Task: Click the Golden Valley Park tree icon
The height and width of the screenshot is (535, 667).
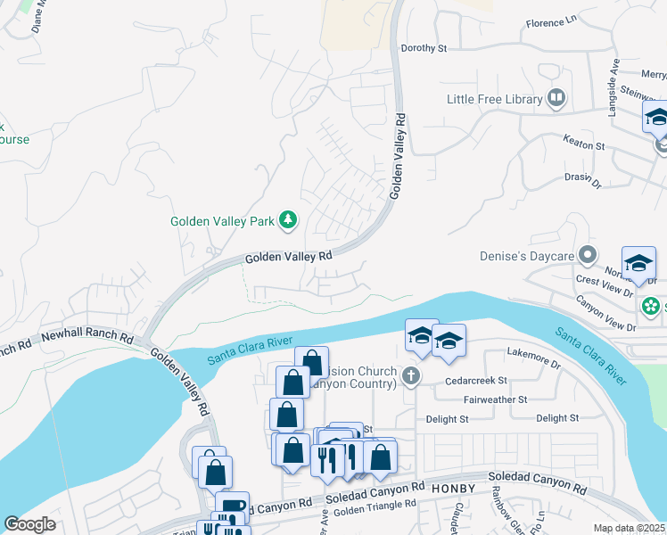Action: click(x=288, y=219)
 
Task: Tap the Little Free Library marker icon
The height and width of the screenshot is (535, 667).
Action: click(x=557, y=98)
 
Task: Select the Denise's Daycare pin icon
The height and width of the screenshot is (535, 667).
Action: click(x=587, y=257)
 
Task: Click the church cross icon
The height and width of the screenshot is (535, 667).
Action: click(x=410, y=374)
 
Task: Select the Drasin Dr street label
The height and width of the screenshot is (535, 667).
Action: click(x=585, y=177)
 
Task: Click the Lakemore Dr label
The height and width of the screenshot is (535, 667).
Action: click(x=532, y=364)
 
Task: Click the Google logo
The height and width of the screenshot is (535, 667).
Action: click(x=29, y=524)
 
